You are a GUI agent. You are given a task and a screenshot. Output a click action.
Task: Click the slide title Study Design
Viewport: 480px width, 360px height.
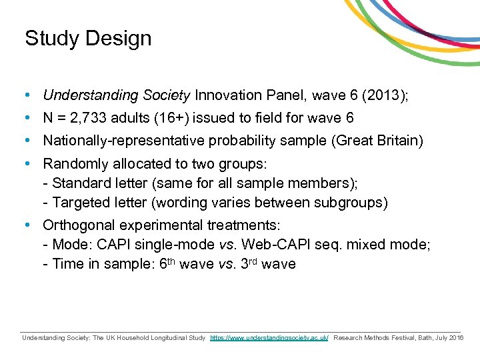click(x=88, y=39)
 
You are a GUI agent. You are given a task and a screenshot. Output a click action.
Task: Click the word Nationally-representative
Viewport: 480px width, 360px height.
click(x=124, y=141)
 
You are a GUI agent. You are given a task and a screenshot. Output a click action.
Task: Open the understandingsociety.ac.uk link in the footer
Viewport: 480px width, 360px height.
click(x=269, y=338)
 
